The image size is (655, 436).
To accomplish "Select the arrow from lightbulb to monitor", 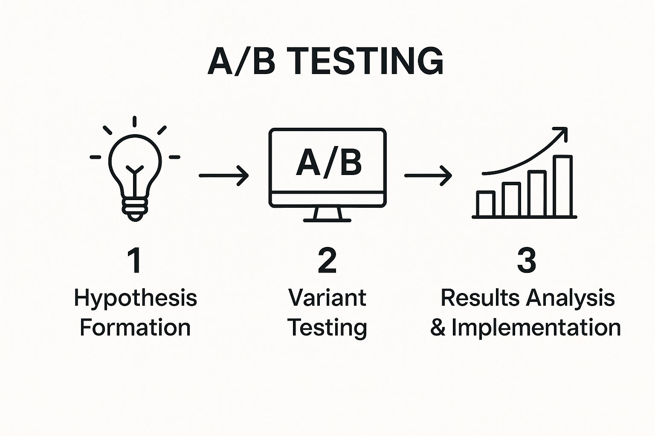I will [223, 175].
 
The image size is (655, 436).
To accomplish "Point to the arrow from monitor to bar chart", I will [428, 175].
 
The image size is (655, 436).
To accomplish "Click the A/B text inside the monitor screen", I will [328, 163].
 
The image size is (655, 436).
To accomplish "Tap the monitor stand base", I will [327, 220].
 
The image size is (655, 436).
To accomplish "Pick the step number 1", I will [135, 261].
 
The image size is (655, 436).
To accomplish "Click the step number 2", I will [327, 261].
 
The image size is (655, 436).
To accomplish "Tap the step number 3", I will [526, 261].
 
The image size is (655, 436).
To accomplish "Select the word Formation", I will [135, 328].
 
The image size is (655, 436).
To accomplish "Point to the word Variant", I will [327, 298].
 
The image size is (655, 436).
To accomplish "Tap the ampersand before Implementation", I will [438, 328].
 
